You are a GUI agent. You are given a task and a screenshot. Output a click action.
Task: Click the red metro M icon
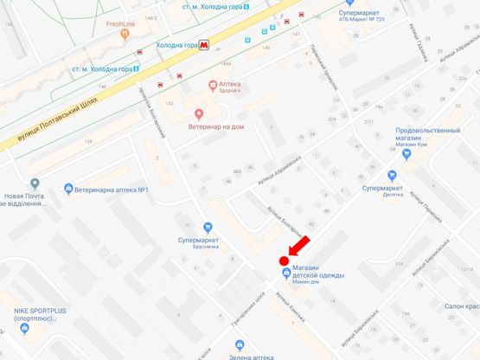(203, 44)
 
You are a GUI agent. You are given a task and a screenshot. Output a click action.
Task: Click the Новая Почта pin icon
(35, 183)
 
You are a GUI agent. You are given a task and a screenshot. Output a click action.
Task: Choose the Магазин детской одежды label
(320, 274)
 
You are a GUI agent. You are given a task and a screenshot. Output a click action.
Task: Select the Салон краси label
(458, 306)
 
